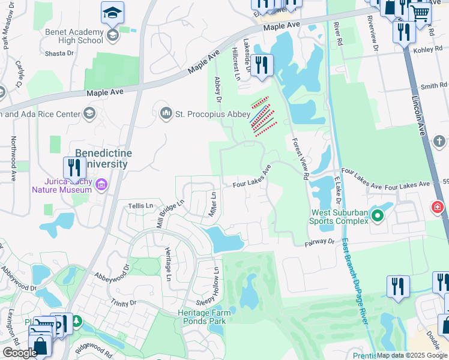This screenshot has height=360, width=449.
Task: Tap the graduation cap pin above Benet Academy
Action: pos(112,13)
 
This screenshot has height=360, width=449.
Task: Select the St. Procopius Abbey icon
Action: pos(166,113)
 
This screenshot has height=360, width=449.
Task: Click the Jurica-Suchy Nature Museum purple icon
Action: pos(100,184)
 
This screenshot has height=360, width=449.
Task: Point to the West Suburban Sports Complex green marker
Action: pos(377,215)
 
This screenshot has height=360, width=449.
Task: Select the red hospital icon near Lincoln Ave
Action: pos(438,208)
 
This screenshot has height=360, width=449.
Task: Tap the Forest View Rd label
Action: pos(300,158)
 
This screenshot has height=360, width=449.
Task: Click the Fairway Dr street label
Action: pos(319,241)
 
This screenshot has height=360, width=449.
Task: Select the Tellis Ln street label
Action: pos(142,206)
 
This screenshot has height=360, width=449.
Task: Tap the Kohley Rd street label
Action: pos(427,51)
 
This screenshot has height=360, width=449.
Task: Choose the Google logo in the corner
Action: pos(20,352)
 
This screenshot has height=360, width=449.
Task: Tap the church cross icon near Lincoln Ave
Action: pos(439,141)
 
